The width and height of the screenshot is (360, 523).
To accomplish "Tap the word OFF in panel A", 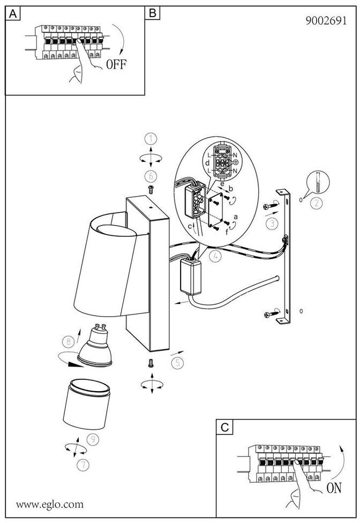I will tap(116, 65).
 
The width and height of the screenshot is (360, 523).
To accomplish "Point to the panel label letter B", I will tap(153, 13).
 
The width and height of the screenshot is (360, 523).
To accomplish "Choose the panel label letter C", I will tap(225, 427).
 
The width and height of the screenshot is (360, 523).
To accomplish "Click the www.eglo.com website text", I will tap(50, 504).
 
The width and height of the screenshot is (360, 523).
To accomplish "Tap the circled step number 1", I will tap(152, 139).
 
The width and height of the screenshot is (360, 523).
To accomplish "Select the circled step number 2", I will tap(317, 203).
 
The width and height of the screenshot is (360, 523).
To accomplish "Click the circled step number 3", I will tap(273, 222).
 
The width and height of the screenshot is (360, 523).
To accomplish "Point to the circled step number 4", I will tap(215, 256).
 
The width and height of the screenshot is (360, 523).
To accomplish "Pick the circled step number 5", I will tap(178, 362).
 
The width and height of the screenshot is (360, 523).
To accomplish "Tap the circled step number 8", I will tap(67, 341).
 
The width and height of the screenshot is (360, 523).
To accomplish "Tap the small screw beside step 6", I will tap(151, 189).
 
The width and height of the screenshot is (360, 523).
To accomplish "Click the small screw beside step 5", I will tap(151, 363).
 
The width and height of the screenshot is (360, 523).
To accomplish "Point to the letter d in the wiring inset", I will tap(207, 161).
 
